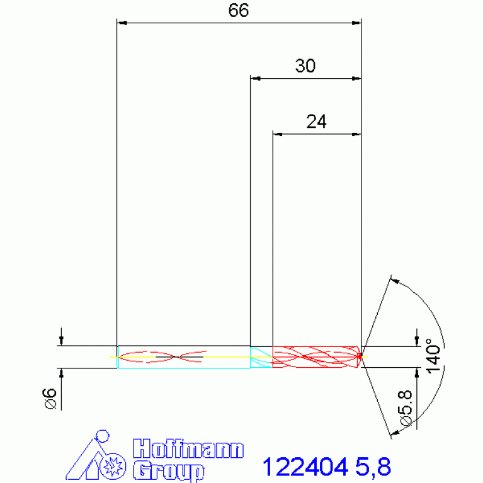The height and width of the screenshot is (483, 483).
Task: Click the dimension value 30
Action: pos(305,66)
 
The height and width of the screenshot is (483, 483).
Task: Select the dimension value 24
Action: pos(316,122)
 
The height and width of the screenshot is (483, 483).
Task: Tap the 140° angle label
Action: pos(432,356)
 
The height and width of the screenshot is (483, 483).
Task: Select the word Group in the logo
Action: pos(169,470)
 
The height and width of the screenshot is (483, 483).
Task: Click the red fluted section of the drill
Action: pos(315,356)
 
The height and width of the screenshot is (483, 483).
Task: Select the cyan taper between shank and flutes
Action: pos(261,357)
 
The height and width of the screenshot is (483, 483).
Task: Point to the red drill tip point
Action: pos(361,356)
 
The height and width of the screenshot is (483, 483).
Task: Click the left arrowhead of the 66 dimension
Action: pos(123,23)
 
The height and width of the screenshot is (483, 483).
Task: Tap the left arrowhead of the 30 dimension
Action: pos(255,79)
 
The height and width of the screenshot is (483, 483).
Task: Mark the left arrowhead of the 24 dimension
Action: pos(277,134)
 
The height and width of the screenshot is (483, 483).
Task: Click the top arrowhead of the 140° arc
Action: pos(394,280)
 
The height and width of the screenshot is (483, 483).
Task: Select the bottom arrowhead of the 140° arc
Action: pos(394,433)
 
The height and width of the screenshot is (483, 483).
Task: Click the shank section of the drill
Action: pos(183,357)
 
